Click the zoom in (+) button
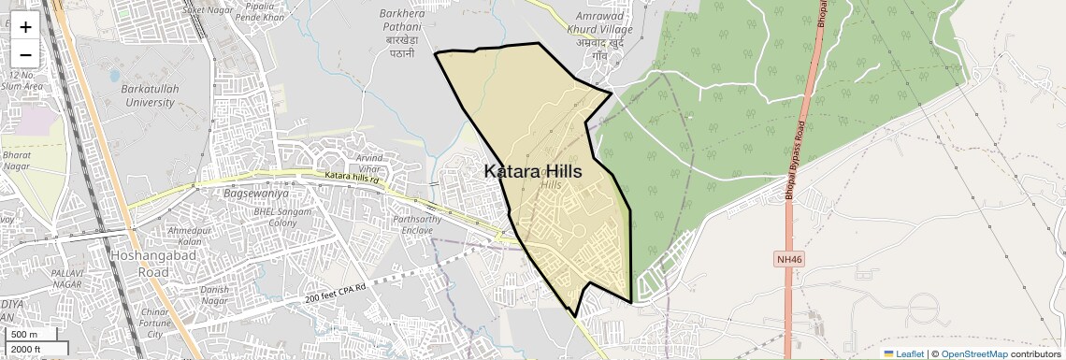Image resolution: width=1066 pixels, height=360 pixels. tap(25, 27)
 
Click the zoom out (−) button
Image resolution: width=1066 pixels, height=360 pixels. tap(25, 54)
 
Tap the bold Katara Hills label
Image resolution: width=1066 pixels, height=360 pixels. tap(533, 172)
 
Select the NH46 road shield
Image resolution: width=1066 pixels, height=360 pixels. tap(789, 259)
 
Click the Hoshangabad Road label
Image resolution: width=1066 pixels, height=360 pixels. tap(140, 264)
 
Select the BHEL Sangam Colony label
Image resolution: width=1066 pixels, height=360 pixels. tap(269, 217)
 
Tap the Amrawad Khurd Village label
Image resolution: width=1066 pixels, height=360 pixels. tap(604, 31)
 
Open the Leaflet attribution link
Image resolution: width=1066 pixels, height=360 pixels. tap(903, 353)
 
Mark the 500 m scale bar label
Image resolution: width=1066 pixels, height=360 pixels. tap(24, 335)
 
